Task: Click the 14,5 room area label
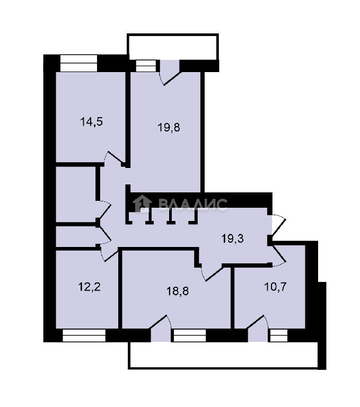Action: (x=91, y=121)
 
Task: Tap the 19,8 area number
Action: (x=169, y=128)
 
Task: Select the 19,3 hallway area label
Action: (x=232, y=239)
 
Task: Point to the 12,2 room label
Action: (x=90, y=287)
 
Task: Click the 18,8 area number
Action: (x=178, y=291)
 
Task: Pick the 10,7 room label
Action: (x=276, y=287)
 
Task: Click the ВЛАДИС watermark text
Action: (x=193, y=205)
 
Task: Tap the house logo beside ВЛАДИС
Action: (x=142, y=203)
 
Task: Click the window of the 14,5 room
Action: (x=78, y=63)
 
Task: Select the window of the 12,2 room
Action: (x=84, y=335)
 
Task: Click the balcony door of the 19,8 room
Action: (x=170, y=73)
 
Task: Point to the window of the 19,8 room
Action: (x=146, y=66)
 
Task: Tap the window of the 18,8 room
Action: (x=190, y=335)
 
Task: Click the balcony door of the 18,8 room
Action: (x=161, y=329)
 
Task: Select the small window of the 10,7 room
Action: (x=279, y=335)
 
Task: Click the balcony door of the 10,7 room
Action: (x=258, y=329)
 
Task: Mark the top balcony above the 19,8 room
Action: (x=173, y=47)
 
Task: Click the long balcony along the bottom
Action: (x=223, y=355)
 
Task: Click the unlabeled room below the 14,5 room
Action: (x=76, y=194)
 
